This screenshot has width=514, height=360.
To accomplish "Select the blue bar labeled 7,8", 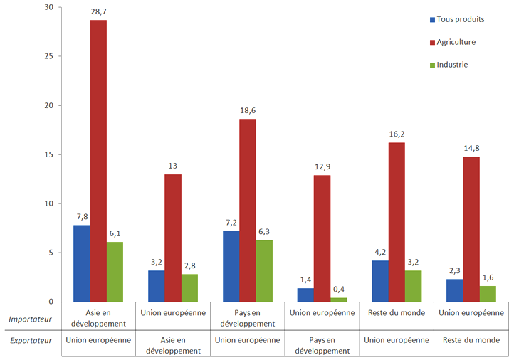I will (x=82, y=263).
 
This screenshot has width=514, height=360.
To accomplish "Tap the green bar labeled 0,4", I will (x=339, y=300).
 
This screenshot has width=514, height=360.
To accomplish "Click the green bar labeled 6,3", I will (x=264, y=270).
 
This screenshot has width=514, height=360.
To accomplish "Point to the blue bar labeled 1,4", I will (x=305, y=295).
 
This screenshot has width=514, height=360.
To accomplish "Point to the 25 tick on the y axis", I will (x=48, y=56).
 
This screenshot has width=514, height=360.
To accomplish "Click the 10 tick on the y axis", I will (x=48, y=203).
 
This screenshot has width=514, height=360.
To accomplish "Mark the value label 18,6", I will (x=247, y=112).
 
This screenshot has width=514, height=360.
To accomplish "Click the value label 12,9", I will (x=322, y=168).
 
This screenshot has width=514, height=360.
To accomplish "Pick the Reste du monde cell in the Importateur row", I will (x=397, y=312).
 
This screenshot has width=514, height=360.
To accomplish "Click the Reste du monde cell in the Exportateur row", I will (x=471, y=340).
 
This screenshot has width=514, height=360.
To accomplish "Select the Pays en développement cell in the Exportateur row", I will (x=322, y=345).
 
